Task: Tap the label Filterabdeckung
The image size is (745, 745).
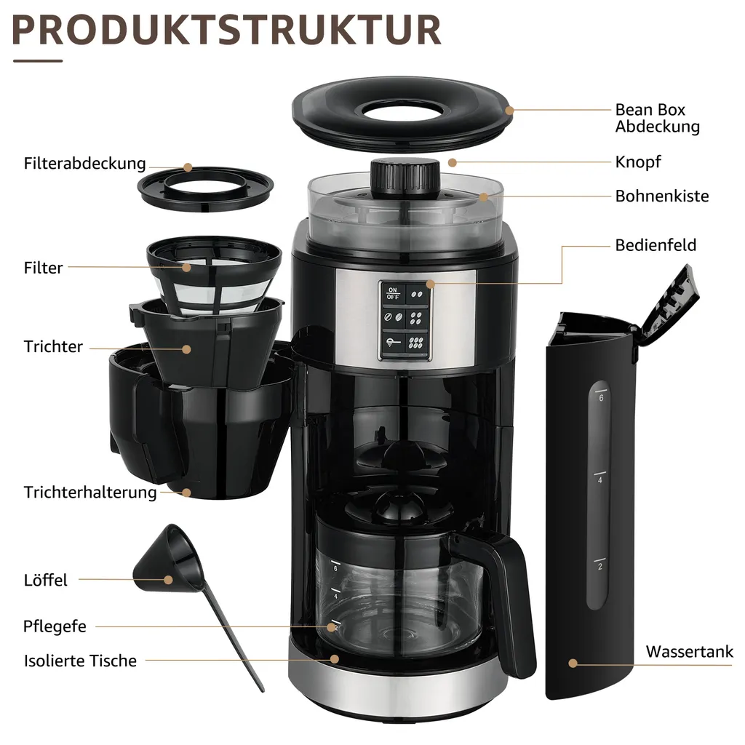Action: click(84, 163)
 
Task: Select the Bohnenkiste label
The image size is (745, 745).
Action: click(661, 196)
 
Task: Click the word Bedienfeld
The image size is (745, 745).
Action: click(655, 244)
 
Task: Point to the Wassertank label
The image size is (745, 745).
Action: click(689, 651)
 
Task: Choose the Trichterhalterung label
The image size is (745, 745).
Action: click(90, 492)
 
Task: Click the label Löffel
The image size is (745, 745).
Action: click(45, 580)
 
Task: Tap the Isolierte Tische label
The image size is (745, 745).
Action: click(80, 661)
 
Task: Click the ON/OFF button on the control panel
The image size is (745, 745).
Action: click(393, 292)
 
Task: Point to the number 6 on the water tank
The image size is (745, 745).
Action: click(601, 398)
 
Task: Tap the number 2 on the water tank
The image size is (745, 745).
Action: click(599, 566)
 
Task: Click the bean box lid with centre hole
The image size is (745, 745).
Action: click(399, 111)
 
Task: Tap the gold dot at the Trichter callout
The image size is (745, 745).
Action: click(187, 349)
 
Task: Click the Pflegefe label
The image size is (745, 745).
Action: click(55, 626)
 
